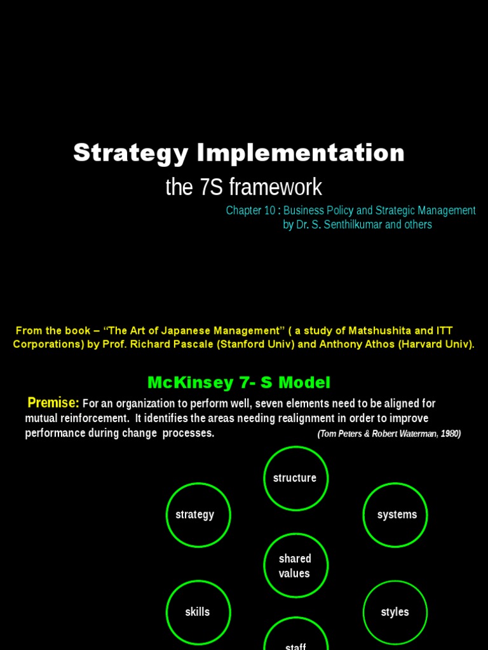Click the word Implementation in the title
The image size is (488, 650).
click(301, 154)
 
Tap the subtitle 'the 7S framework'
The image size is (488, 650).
click(243, 187)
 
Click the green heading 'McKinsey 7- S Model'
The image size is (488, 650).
click(239, 383)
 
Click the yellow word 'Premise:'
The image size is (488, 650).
click(53, 403)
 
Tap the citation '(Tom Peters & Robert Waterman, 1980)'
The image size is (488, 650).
click(389, 434)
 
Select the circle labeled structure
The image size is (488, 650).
click(295, 478)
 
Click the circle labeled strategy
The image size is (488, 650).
click(198, 515)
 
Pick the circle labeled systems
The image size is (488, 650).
click(395, 515)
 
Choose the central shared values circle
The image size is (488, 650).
click(295, 566)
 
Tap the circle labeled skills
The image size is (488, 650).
click(198, 613)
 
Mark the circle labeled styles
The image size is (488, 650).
click(395, 613)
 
